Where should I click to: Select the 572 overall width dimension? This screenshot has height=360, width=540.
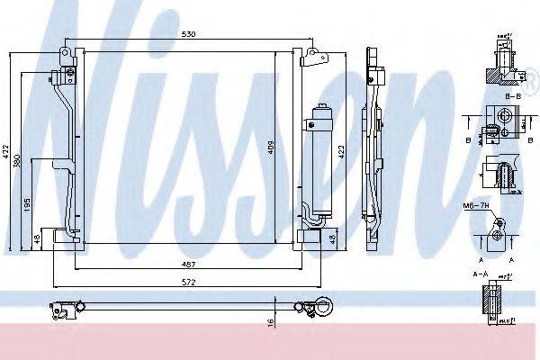point(186,281)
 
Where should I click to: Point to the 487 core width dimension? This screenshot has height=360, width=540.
point(186,265)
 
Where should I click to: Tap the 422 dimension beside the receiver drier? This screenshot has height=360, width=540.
point(341,153)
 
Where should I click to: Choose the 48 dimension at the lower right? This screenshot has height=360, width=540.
point(332,238)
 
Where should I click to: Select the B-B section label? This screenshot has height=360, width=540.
point(515,95)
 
